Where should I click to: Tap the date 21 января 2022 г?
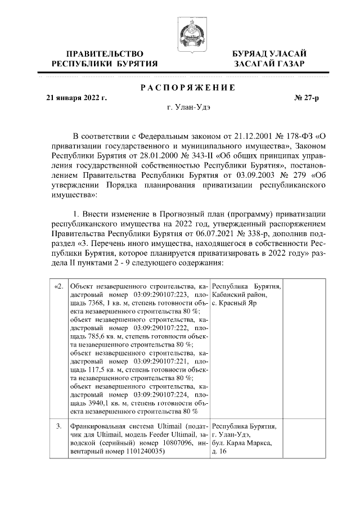coord(76,98)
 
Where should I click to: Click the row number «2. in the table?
coord(58,287)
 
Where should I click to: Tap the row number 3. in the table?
coord(59,427)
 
